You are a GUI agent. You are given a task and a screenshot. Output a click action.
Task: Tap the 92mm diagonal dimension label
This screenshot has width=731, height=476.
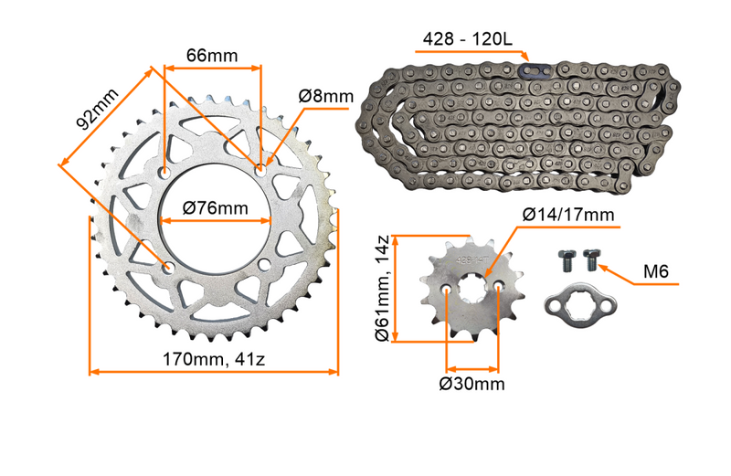click(x=97, y=109)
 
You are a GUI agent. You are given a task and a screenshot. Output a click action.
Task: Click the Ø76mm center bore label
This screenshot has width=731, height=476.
click(x=215, y=208)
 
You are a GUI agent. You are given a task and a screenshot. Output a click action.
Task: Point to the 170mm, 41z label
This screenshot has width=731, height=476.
click(x=214, y=359)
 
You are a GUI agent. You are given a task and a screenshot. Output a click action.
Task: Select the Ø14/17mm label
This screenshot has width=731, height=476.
click(x=567, y=215)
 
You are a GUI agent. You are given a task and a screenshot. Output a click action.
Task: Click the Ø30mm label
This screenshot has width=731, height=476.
click(x=471, y=383)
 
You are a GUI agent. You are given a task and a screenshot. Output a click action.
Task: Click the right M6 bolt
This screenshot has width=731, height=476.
click(x=590, y=260)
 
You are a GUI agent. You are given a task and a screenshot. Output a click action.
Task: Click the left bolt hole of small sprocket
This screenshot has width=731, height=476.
click(x=446, y=289)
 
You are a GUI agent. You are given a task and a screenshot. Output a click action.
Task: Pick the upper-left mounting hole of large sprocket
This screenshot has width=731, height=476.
click(x=165, y=171)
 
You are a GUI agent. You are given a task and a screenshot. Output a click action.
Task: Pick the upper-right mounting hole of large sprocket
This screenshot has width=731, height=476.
click(x=260, y=170)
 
